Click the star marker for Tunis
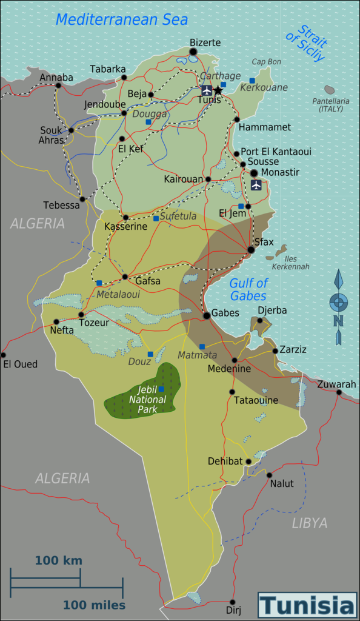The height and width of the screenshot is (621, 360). point(218,90)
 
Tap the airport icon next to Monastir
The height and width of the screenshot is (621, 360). point(256,185)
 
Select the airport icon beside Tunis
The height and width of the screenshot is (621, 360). point(207,90)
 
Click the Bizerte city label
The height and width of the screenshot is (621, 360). point(205,42)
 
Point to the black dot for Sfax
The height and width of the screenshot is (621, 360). point(251,249)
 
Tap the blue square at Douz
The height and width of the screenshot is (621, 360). point(150,354)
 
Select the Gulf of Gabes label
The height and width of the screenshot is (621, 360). point(248,289)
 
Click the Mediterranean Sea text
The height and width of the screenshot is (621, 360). point(121,19)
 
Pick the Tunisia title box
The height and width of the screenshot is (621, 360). point(307,605)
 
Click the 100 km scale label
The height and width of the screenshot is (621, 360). point(58,560)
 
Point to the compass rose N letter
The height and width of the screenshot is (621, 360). point(338,321)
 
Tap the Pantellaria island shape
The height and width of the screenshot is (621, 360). point(330,90)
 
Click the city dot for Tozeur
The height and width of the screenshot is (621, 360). point(81,314)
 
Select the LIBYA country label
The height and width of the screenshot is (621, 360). point(309,523)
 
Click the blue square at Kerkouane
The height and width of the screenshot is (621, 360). point(252,81)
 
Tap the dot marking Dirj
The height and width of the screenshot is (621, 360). point(232,602)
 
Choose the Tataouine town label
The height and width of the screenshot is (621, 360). point(256,400)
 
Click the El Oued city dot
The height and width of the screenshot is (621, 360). point(3,355)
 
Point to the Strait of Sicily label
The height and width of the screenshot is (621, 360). point(306,42)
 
